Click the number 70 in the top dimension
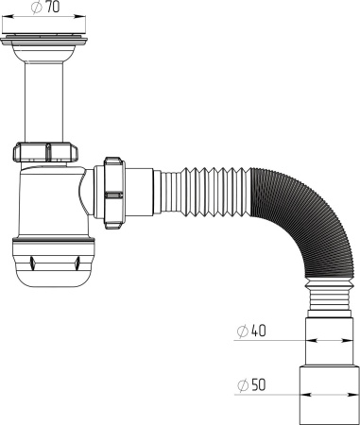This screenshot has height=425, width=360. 52,8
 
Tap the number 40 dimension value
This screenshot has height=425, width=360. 258,331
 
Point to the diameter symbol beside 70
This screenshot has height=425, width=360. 35,8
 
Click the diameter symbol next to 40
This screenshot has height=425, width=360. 242,331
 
